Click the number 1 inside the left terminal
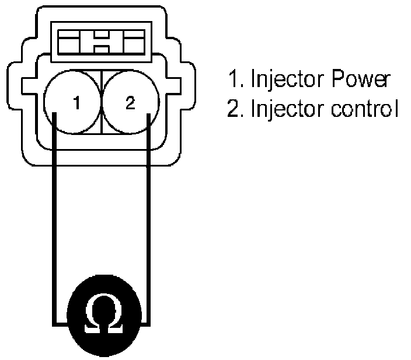click(x=76, y=104)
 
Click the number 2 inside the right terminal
click(x=130, y=103)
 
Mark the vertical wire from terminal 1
click(x=53, y=222)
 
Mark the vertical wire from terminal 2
click(x=149, y=222)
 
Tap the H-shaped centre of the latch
click(x=99, y=42)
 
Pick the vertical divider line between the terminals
click(x=102, y=102)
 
